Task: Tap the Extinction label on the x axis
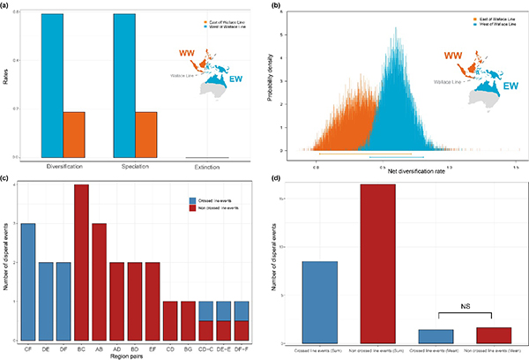pyautogui.click(x=211, y=167)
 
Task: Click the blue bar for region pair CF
pyautogui.click(x=29, y=281)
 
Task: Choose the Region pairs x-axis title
pyautogui.click(x=125, y=355)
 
